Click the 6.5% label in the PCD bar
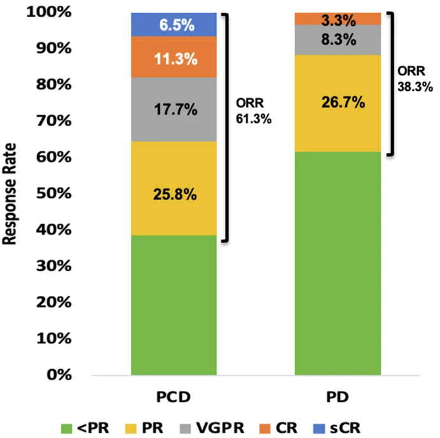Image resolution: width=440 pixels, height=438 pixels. pos(173,24)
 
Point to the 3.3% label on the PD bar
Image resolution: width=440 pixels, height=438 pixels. pos(338,18)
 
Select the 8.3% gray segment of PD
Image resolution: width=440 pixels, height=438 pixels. pos(338,40)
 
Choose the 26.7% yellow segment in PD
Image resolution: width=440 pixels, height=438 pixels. pos(338,101)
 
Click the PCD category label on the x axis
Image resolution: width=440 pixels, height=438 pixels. pos(173,397)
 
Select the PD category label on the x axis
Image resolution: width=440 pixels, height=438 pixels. pos(338,397)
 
